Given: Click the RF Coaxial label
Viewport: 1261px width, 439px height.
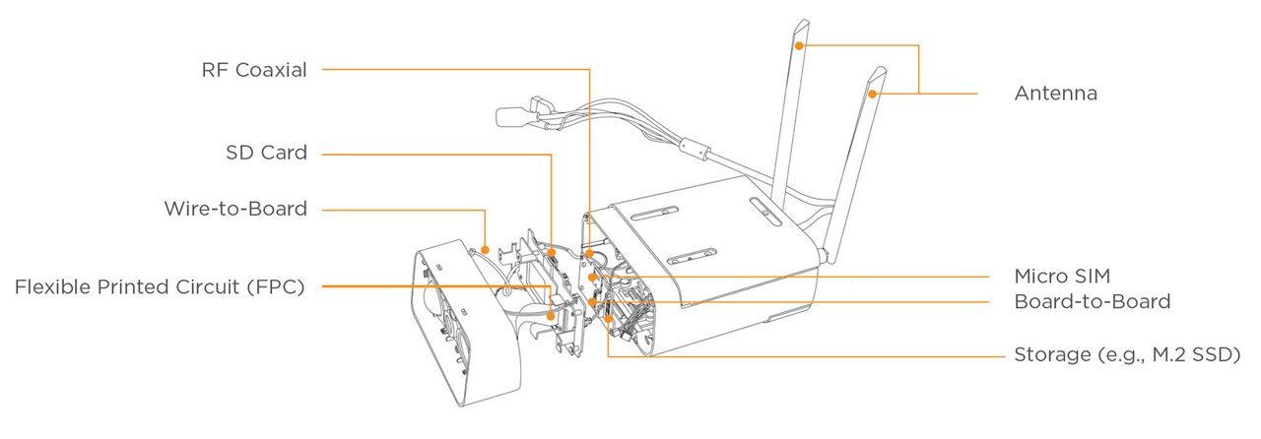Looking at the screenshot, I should (x=254, y=70).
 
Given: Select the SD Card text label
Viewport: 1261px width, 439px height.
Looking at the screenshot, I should (x=266, y=154).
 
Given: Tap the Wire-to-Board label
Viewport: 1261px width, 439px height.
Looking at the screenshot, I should (x=235, y=209).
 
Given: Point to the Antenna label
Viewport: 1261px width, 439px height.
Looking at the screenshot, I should (x=1055, y=94).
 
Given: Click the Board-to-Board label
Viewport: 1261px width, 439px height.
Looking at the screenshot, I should (x=1092, y=302).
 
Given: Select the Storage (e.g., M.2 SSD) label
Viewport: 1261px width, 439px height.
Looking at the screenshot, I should (x=1126, y=354).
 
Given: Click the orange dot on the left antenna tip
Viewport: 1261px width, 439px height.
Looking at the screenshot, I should (x=801, y=45).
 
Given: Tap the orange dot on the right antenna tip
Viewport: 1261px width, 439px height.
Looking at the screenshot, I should (x=874, y=94).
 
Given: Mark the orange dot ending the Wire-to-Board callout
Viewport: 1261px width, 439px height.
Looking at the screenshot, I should (x=486, y=250).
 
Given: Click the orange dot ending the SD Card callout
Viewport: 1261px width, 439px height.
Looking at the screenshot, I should (x=553, y=253).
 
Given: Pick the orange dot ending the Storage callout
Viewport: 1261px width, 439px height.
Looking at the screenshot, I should (x=608, y=319).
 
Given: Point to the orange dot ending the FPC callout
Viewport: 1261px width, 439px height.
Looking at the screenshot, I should (x=551, y=316).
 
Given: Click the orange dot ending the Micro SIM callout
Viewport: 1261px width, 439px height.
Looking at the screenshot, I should (x=592, y=278).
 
